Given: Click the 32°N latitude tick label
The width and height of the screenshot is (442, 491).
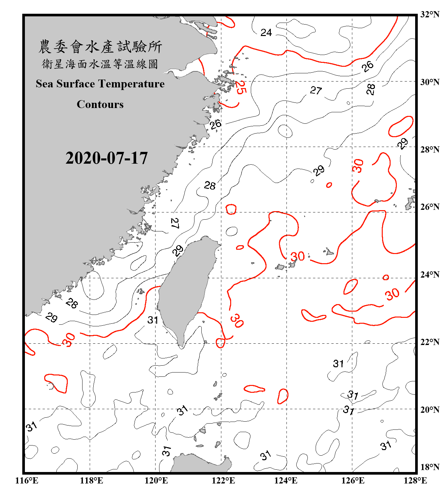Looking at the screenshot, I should coord(430,14).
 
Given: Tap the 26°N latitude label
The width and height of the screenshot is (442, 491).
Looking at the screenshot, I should coord(430,207).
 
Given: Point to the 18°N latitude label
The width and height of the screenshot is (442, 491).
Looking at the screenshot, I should coord(430,467).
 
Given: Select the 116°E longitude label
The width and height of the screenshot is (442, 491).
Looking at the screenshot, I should coord(27,481).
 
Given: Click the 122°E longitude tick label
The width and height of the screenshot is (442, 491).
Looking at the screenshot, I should coord(223,481).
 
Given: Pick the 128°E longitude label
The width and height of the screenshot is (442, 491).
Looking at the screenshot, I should coord(415,481).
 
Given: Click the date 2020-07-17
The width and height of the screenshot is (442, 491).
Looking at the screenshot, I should coord(106,158).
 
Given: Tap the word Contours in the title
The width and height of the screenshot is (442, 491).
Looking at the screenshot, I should coord(100,104).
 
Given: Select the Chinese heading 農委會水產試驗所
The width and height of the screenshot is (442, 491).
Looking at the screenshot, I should coord(100,46).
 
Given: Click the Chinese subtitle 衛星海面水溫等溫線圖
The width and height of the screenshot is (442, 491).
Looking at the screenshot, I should coord(100,64).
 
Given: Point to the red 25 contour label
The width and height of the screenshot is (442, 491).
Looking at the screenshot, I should coord(240,88).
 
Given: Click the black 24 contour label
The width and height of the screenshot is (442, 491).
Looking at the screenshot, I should coord(266,32).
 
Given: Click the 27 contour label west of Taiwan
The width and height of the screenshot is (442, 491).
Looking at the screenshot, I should coord(175,223).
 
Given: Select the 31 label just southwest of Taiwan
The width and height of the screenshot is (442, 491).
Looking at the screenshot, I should coord(153,320).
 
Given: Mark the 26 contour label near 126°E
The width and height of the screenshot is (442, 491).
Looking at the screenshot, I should coord(368,66).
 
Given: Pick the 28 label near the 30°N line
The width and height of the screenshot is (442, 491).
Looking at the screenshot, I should coord(371,89).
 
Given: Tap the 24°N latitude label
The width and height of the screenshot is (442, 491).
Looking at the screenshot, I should coord(430,275).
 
